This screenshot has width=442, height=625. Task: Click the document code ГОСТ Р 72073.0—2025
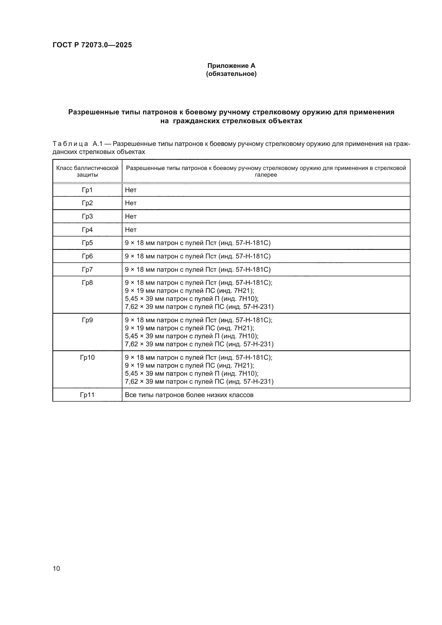tap(92, 45)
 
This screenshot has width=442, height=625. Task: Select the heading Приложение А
tap(231, 66)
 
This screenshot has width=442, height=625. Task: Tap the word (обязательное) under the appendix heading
tap(231, 74)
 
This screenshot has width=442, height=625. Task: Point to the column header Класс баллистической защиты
tap(87, 171)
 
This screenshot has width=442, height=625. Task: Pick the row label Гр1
tap(87, 190)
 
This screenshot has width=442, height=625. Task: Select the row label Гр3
tap(87, 216)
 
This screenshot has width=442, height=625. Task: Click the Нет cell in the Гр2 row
tap(131, 203)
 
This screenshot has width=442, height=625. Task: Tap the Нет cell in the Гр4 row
tap(131, 230)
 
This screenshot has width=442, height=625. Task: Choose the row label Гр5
tap(87, 243)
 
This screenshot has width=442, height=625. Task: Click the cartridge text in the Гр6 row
tap(197, 256)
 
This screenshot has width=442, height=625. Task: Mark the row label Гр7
tap(87, 270)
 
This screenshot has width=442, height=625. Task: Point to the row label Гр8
tap(87, 283)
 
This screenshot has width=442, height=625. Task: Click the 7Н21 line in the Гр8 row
tap(189, 291)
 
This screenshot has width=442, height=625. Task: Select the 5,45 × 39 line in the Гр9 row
tap(192, 336)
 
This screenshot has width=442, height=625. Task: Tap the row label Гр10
tap(87, 358)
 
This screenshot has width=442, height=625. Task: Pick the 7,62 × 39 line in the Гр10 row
tap(199, 381)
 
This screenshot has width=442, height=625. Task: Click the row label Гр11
tap(87, 395)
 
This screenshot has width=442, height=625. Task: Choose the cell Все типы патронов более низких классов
tap(189, 395)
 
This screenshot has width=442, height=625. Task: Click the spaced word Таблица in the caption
tap(70, 144)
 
